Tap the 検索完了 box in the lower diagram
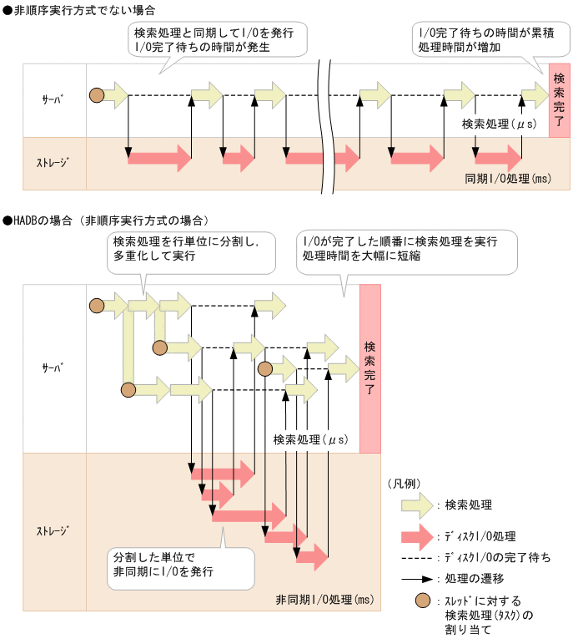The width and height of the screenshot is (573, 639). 369,368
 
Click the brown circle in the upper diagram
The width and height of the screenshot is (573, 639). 97,95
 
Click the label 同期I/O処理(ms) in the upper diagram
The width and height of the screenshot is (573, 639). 508,179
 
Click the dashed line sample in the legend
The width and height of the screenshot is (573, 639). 420,557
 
